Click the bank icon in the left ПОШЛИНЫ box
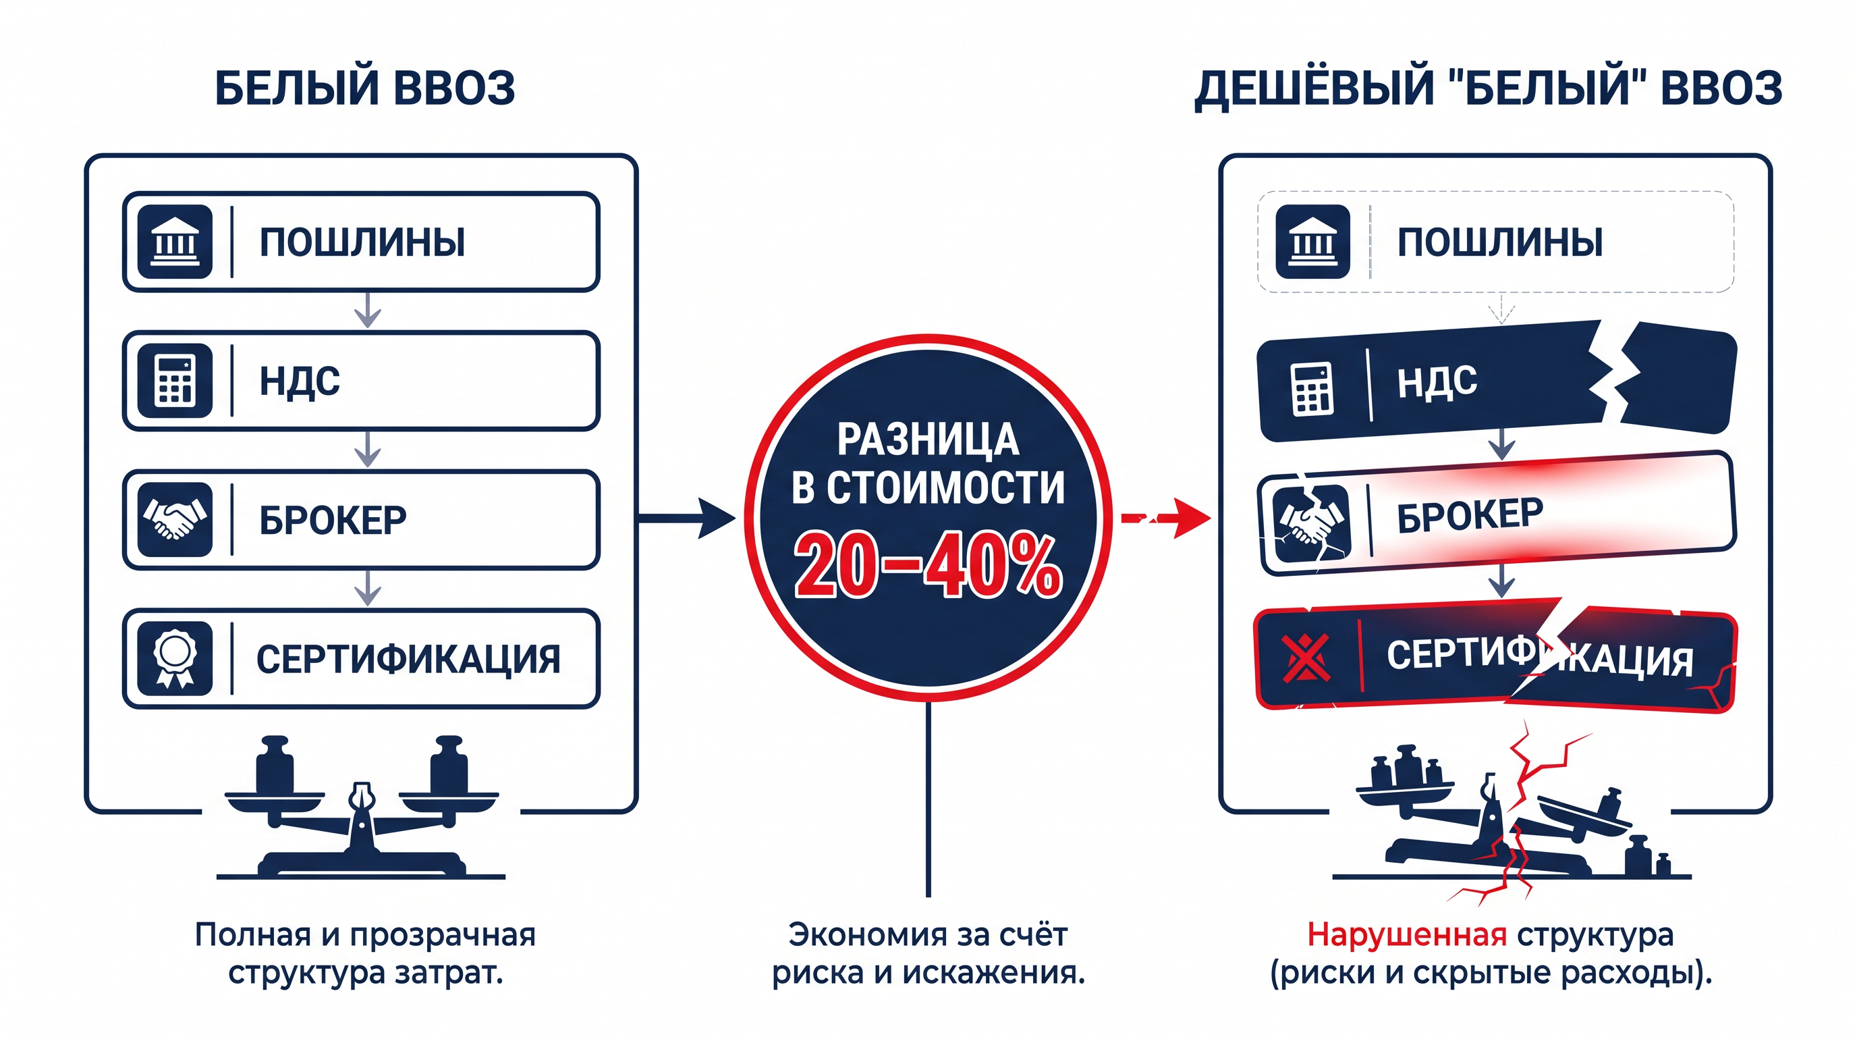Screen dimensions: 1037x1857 click(x=175, y=242)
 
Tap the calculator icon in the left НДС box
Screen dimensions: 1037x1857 click(x=175, y=381)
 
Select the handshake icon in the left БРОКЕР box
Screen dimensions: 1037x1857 click(x=175, y=519)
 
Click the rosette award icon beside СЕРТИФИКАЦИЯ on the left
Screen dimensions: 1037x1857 click(x=175, y=658)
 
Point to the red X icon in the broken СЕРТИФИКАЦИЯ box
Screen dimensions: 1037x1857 click(x=1306, y=658)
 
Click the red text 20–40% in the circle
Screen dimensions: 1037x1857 click(x=928, y=566)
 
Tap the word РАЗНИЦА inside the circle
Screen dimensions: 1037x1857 click(x=928, y=440)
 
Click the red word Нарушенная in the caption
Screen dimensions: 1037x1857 click(x=1406, y=935)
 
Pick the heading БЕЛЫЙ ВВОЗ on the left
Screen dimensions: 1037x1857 click(x=365, y=88)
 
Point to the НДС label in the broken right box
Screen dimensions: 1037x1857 click(x=1437, y=381)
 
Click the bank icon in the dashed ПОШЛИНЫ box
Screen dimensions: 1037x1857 click(x=1312, y=242)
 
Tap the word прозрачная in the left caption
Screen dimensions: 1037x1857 click(x=443, y=935)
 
